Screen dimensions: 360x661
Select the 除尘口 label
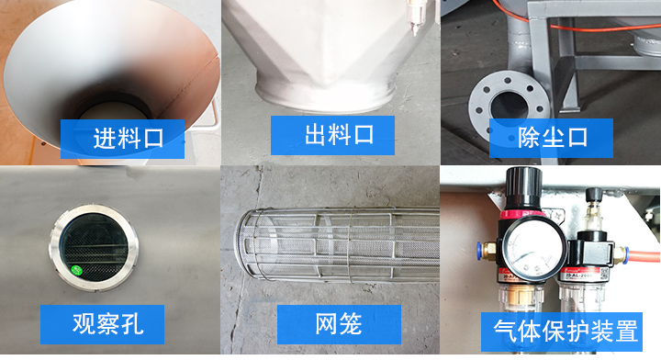point(551,138)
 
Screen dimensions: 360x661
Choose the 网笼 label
point(339,323)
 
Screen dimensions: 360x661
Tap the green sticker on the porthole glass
point(78,270)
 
